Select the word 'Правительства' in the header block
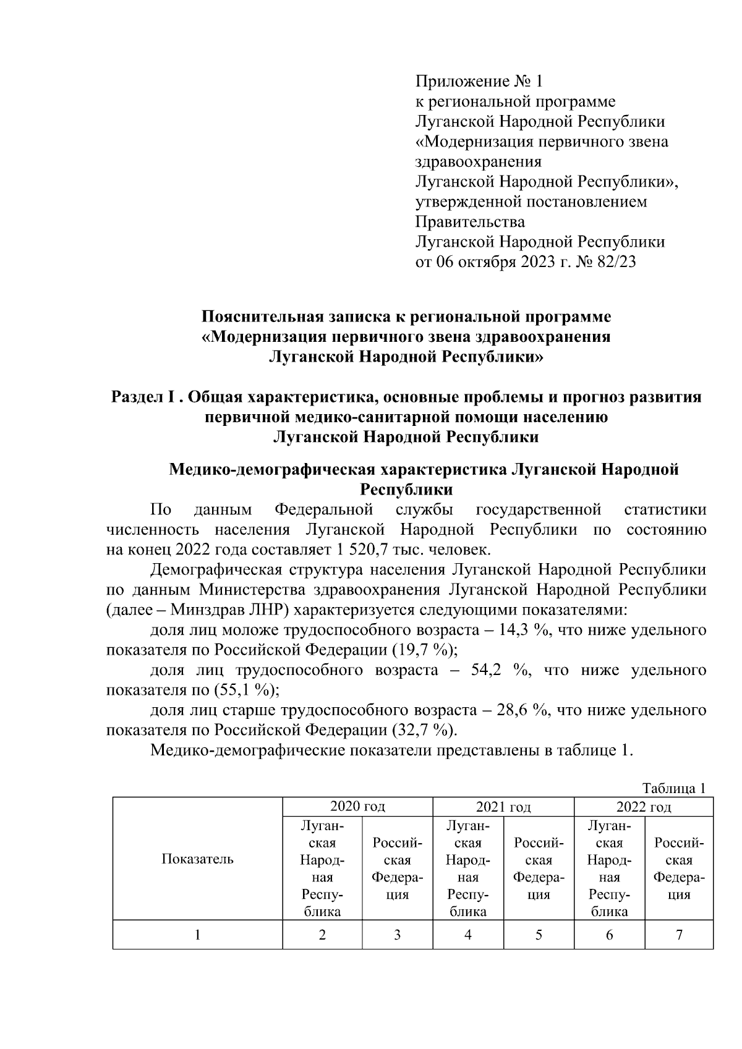470,222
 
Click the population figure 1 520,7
336,550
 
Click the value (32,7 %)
425,730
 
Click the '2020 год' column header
357,807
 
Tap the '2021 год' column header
503,807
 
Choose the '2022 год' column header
643,807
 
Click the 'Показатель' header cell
197,859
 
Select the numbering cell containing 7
679,935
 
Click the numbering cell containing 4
468,935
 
